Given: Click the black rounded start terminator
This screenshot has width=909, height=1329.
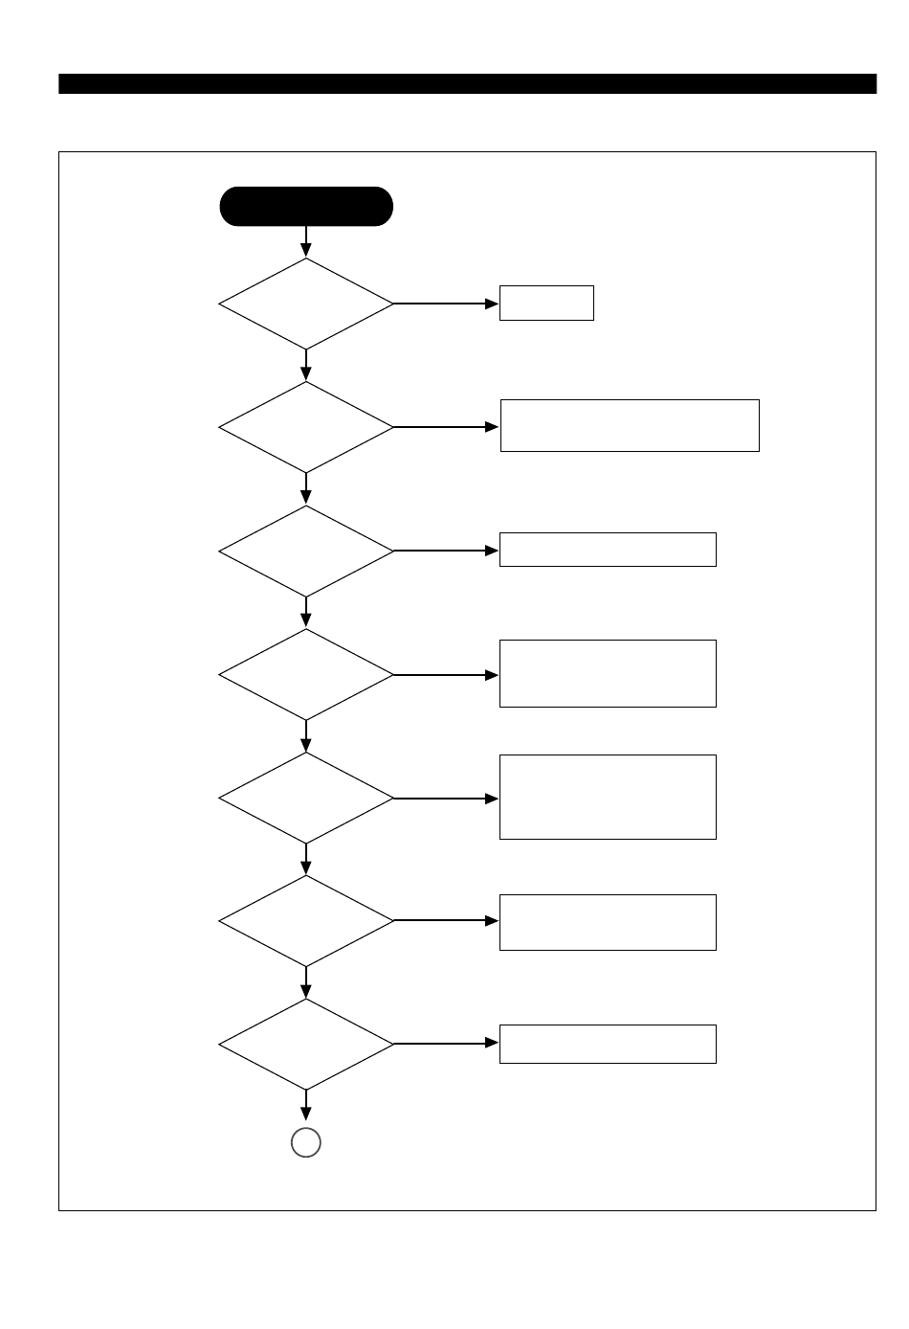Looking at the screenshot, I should point(306,207).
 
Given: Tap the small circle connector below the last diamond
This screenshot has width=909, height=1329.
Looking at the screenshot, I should point(306,1142).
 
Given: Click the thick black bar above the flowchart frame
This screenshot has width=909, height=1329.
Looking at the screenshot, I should point(467,84).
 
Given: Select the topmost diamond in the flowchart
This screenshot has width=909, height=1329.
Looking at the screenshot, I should point(306,304).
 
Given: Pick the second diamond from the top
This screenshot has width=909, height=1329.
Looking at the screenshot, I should point(306,427).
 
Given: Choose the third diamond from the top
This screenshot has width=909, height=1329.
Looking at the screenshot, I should point(306,551).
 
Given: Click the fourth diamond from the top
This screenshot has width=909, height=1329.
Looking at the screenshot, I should point(306,674).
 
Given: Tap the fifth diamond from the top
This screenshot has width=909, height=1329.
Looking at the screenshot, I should point(306,798).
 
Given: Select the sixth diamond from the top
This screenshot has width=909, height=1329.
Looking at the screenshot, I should point(306,921).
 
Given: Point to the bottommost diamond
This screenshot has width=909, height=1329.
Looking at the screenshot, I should point(306,1045).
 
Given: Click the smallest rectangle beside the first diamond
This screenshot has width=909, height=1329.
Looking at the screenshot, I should point(546,304).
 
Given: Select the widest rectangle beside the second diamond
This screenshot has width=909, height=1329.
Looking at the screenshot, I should point(630,425).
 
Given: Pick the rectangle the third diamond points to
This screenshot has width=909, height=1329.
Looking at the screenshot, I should point(608,550).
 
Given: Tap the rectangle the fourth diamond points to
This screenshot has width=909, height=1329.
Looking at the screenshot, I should point(608,673).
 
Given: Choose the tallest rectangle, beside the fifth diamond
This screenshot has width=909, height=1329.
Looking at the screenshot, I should point(608,797).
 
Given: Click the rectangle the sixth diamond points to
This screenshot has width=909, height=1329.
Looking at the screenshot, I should point(608,922).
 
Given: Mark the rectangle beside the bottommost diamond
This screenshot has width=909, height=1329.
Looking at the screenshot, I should point(608,1044).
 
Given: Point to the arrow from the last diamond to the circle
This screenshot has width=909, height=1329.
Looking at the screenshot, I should point(306,1107).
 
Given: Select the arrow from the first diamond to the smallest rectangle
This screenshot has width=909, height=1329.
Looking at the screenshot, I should point(446,304).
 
